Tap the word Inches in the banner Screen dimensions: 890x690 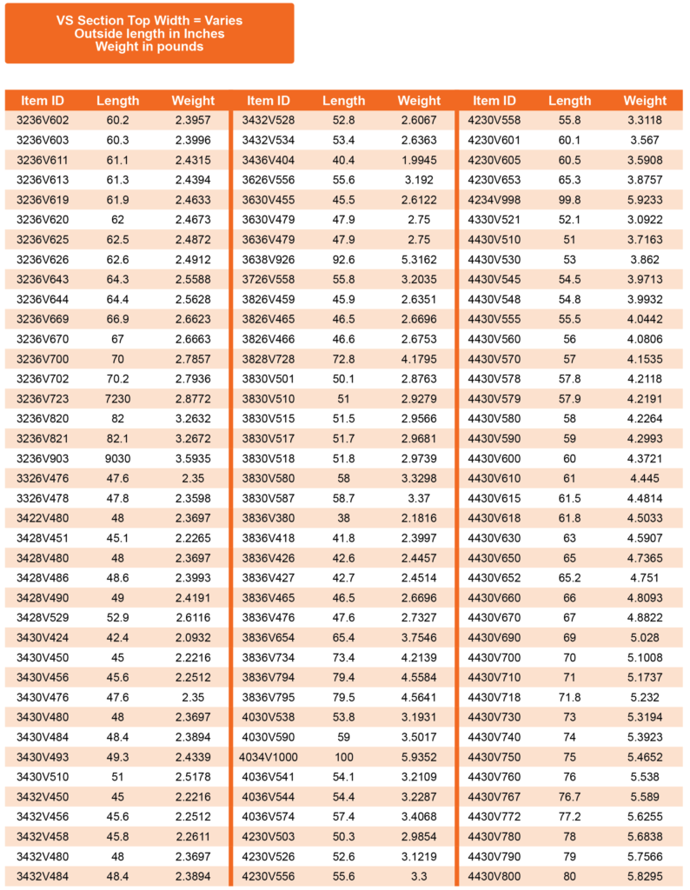click(202, 34)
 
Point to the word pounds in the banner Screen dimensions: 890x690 click(177, 47)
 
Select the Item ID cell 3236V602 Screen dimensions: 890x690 click(43, 120)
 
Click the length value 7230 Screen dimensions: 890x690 click(117, 399)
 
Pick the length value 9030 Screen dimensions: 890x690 click(117, 458)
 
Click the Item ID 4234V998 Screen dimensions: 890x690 click(494, 199)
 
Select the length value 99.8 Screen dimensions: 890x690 click(569, 199)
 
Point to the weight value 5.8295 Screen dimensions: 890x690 click(645, 876)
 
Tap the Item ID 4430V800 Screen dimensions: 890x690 click(494, 876)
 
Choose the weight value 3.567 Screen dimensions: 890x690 click(645, 140)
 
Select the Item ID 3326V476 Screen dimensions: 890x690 click(43, 478)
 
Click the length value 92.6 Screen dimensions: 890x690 click(344, 259)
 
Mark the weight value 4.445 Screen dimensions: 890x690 click(645, 478)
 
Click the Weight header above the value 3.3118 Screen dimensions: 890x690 click(645, 101)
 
